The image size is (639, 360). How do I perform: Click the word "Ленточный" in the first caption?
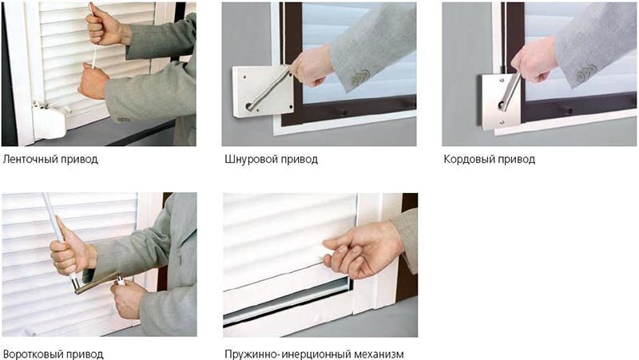tap(30, 159)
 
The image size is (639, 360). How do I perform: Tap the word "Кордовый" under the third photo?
tap(468, 159)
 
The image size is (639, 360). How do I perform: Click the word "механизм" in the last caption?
tap(379, 354)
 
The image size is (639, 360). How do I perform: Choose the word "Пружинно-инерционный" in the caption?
tap(288, 354)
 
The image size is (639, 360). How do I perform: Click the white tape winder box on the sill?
tap(50, 120)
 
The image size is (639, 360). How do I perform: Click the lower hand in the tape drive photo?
tap(93, 81)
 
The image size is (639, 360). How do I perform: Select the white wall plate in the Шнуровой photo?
tap(264, 92)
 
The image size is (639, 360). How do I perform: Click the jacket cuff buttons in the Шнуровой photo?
tap(360, 78)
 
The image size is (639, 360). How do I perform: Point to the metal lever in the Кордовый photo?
tap(510, 92)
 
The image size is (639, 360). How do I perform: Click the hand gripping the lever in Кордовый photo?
tap(534, 61)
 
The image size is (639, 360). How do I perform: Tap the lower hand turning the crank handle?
tap(127, 297)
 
